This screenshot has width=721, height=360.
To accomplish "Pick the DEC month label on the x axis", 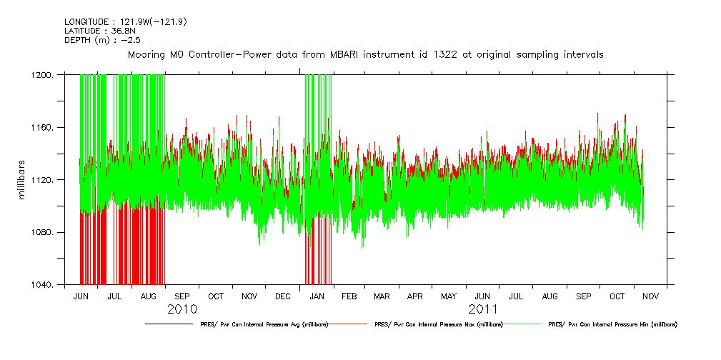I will tap(282, 296).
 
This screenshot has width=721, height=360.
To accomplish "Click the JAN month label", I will tap(316, 296).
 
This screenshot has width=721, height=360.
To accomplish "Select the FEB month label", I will tap(349, 296).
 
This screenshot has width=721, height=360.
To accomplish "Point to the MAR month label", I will tap(382, 296).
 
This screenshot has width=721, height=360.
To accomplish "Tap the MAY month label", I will tap(449, 296).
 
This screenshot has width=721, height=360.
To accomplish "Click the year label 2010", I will tap(182, 309).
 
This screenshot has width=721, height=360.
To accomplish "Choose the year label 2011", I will tap(483, 309).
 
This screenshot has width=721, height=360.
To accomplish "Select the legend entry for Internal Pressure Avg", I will tap(264, 324).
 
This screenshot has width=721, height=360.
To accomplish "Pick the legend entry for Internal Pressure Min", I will tap(612, 324).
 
